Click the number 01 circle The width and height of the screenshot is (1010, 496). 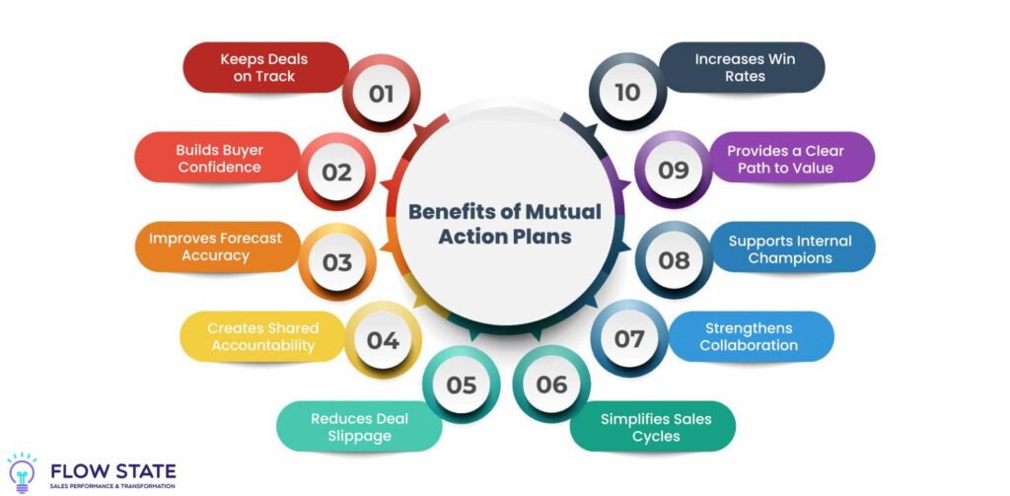click(382, 94)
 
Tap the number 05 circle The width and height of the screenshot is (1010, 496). click(462, 385)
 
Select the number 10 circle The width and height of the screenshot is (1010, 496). click(627, 93)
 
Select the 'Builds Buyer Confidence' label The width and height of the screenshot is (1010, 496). click(220, 158)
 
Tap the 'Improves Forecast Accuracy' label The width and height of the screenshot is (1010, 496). click(215, 247)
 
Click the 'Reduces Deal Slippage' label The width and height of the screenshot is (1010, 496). click(359, 427)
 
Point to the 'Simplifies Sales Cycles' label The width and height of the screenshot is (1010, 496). click(656, 427)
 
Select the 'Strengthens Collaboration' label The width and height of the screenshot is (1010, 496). click(749, 336)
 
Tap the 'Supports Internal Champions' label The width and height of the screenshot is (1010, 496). click(789, 248)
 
